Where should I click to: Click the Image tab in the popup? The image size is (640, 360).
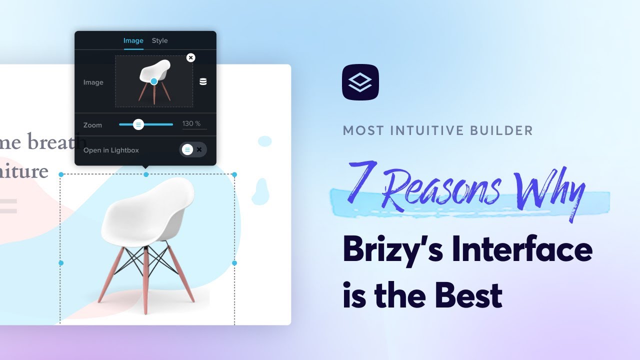pyautogui.click(x=133, y=40)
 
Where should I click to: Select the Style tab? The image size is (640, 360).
pyautogui.click(x=159, y=40)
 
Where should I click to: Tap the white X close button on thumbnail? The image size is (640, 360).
pyautogui.click(x=190, y=57)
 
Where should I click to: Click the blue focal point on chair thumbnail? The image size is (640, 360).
pyautogui.click(x=154, y=81)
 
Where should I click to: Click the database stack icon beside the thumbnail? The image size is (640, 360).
pyautogui.click(x=203, y=81)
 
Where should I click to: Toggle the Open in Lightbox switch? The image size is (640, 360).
pyautogui.click(x=192, y=149)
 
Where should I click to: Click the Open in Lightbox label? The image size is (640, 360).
pyautogui.click(x=111, y=150)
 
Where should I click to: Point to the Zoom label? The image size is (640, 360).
pyautogui.click(x=92, y=125)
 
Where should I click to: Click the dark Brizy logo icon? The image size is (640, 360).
pyautogui.click(x=360, y=82)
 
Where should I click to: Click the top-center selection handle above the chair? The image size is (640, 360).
pyautogui.click(x=146, y=174)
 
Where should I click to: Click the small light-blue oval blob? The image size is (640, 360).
pyautogui.click(x=264, y=141)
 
